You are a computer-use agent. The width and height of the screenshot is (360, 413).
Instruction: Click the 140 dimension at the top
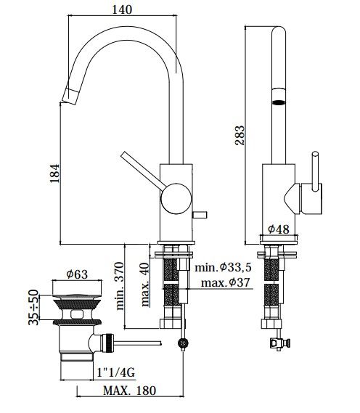(x=122, y=9)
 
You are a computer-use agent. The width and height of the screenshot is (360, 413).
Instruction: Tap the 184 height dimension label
(x=54, y=173)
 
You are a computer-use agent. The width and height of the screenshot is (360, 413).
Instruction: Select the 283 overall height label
(x=240, y=136)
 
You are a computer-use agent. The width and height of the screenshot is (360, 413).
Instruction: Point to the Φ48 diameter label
(x=279, y=229)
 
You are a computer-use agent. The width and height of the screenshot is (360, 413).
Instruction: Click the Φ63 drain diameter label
(x=77, y=274)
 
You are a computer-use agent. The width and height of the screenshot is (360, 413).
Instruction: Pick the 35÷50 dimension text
(x=33, y=307)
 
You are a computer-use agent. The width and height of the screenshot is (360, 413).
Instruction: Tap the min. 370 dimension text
(x=119, y=286)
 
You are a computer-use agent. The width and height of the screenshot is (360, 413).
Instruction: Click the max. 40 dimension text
(x=145, y=285)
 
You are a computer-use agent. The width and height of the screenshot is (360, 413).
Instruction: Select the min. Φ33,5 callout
(x=223, y=268)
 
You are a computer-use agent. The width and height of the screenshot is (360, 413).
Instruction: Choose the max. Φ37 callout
(x=225, y=282)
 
